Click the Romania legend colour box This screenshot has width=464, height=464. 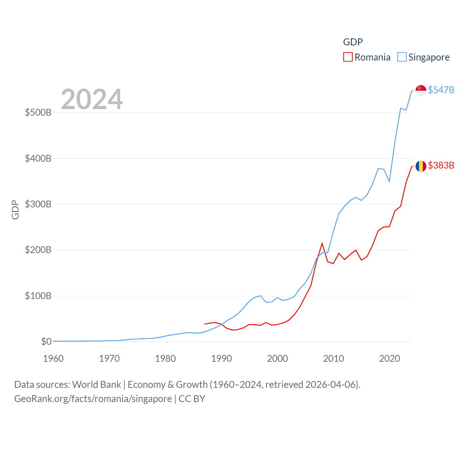(x=348, y=57)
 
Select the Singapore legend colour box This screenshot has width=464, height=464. (x=402, y=57)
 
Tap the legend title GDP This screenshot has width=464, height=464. (x=353, y=42)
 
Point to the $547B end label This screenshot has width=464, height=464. (x=441, y=90)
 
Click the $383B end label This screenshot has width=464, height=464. (x=441, y=165)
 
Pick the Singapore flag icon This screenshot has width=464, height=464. (x=421, y=90)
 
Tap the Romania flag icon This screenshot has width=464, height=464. (x=421, y=166)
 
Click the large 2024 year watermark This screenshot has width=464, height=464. (x=92, y=99)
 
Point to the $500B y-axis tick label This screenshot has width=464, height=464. (x=38, y=112)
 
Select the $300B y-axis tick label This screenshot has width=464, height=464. (x=38, y=204)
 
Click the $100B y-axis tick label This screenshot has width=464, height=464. (x=38, y=296)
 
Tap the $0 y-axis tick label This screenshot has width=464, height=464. (x=46, y=341)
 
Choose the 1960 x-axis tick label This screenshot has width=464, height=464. (x=53, y=359)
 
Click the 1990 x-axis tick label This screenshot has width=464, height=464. (x=221, y=359)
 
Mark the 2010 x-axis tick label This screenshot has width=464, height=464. (x=333, y=359)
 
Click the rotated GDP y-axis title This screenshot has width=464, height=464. (x=15, y=210)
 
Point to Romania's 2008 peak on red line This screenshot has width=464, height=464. (x=322, y=244)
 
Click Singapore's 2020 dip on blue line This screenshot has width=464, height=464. (x=389, y=181)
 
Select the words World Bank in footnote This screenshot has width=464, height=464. (x=96, y=384)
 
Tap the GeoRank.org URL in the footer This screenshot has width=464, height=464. (x=93, y=399)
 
